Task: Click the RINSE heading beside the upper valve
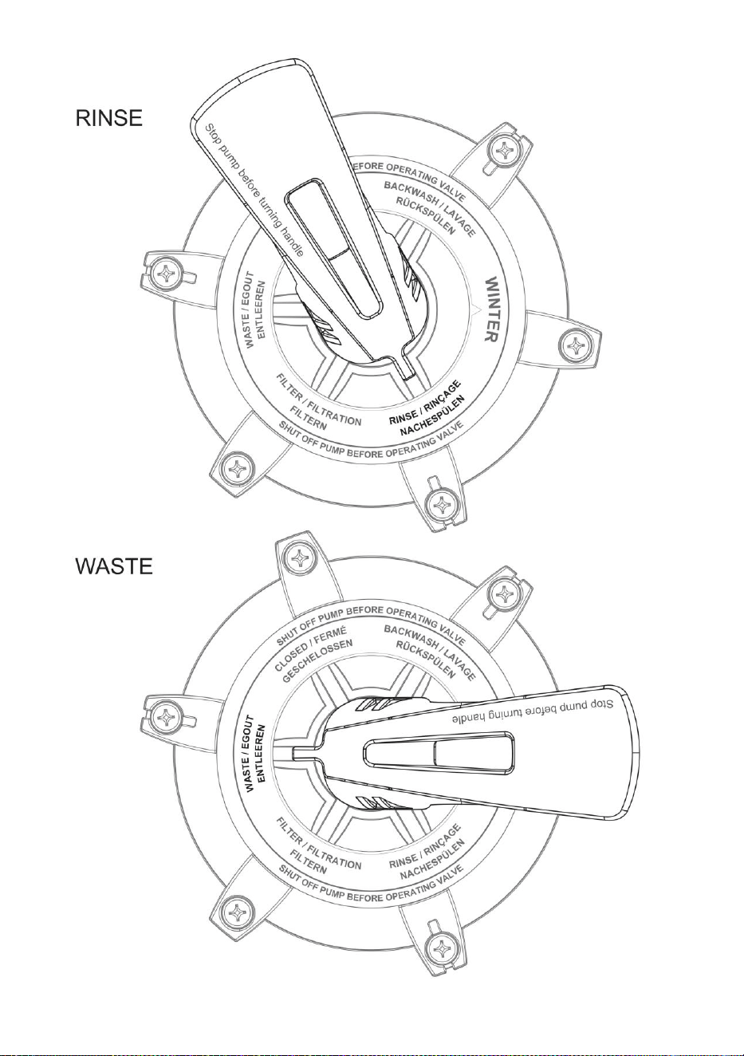(109, 118)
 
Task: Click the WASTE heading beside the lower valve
(114, 565)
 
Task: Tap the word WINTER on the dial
(490, 309)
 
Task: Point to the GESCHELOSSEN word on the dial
(317, 661)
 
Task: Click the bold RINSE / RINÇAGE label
(424, 403)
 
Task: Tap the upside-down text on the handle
(530, 711)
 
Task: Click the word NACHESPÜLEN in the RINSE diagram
(433, 416)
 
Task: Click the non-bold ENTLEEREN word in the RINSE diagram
(262, 309)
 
